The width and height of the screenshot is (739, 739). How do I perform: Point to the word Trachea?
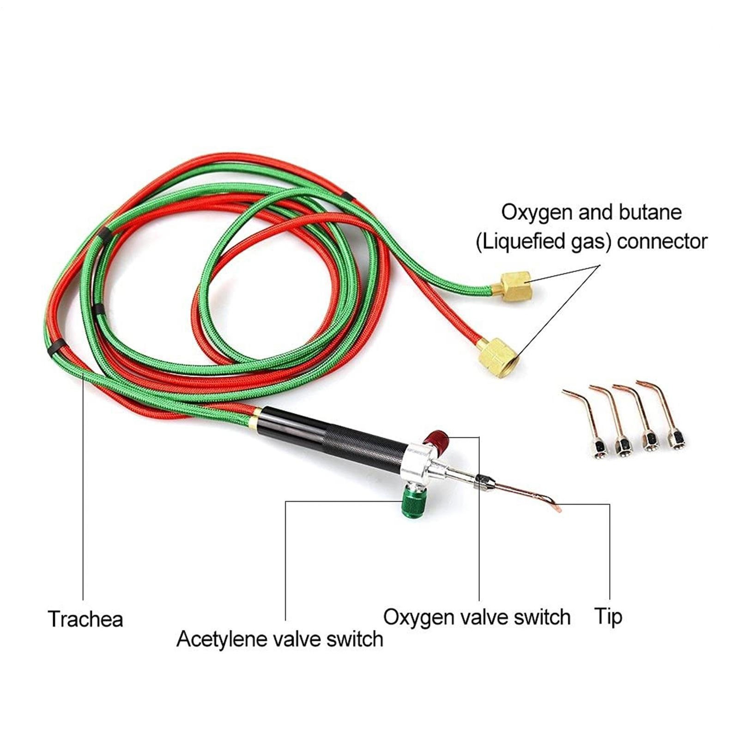[85, 619]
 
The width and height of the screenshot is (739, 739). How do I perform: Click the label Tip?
[608, 616]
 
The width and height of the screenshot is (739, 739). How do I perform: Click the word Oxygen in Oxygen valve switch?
[419, 617]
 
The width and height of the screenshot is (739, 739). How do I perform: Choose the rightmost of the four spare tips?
[665, 416]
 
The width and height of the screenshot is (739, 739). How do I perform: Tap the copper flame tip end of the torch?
[557, 507]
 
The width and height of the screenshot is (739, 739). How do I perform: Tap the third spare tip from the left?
[640, 418]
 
